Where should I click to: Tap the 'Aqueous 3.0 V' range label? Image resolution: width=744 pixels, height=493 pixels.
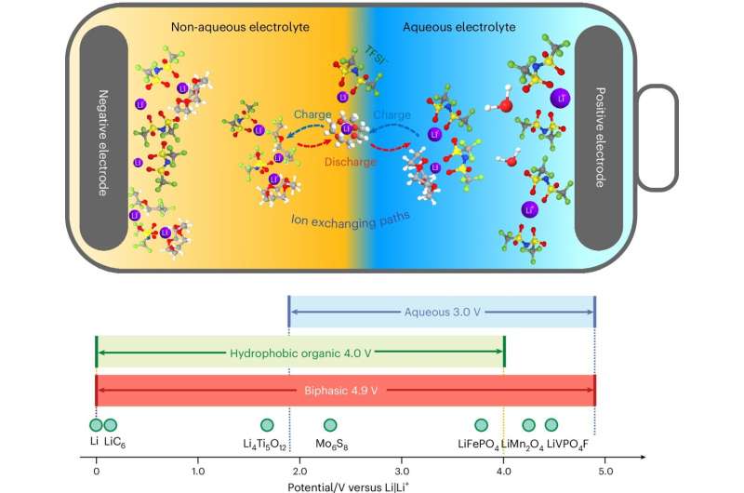coord(442,315)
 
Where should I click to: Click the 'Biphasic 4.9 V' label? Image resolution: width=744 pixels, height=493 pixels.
coord(345,390)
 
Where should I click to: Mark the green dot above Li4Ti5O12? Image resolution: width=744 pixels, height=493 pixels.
coord(267,425)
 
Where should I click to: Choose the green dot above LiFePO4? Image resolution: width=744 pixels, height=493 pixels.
coord(481,425)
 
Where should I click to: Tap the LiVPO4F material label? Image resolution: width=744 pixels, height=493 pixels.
coord(568,443)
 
